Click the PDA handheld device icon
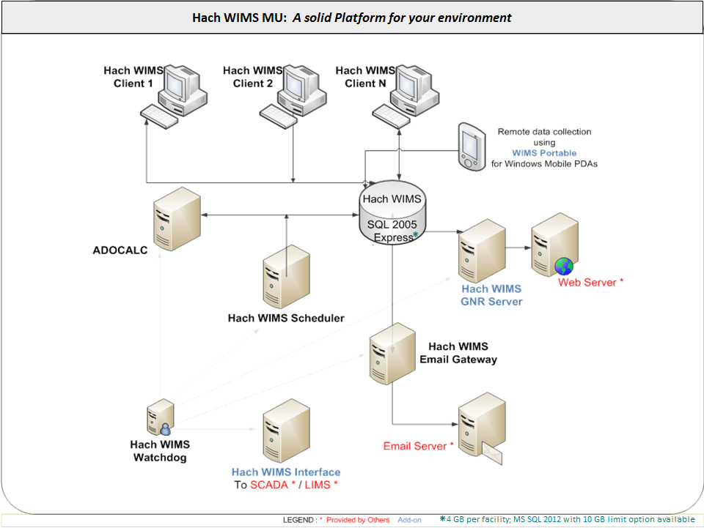tap(472, 147)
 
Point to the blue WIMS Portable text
tap(544, 153)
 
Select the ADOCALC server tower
tap(177, 218)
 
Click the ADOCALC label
tap(120, 250)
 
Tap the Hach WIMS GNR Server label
tap(491, 295)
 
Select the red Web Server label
tap(590, 282)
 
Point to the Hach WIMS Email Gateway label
tap(458, 353)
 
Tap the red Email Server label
tap(418, 446)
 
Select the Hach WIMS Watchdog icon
tap(160, 419)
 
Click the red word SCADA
tap(271, 485)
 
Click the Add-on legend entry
tap(410, 520)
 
